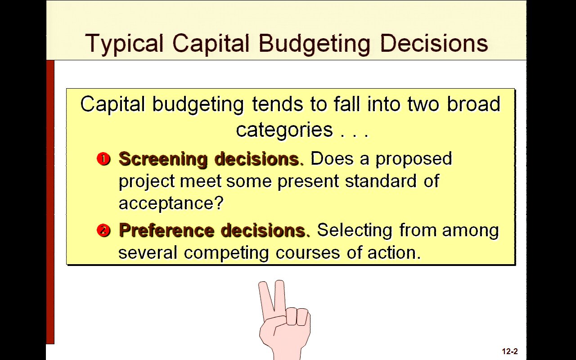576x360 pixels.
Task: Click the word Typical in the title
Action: pyautogui.click(x=124, y=44)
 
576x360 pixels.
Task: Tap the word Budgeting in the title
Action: pyautogui.click(x=315, y=44)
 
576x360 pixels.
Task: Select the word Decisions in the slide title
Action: pyautogui.click(x=434, y=43)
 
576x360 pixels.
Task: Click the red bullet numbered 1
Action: pyautogui.click(x=103, y=159)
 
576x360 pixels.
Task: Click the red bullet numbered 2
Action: pyautogui.click(x=103, y=230)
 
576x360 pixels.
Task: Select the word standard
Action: pyautogui.click(x=381, y=181)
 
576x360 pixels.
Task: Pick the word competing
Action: pyautogui.click(x=226, y=253)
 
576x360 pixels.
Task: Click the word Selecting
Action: pyautogui.click(x=355, y=231)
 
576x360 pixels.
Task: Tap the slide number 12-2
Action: pyautogui.click(x=510, y=351)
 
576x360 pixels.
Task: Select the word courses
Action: pyautogui.click(x=308, y=253)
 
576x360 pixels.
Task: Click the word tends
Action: pyautogui.click(x=278, y=104)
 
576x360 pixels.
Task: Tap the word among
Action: pyautogui.click(x=470, y=231)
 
